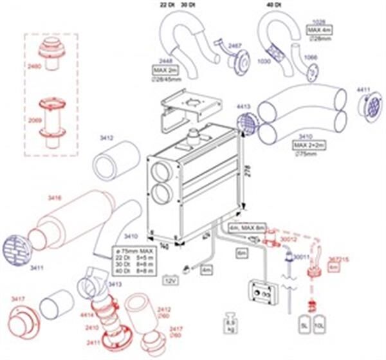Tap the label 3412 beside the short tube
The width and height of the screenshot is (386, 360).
pos(106,138)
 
